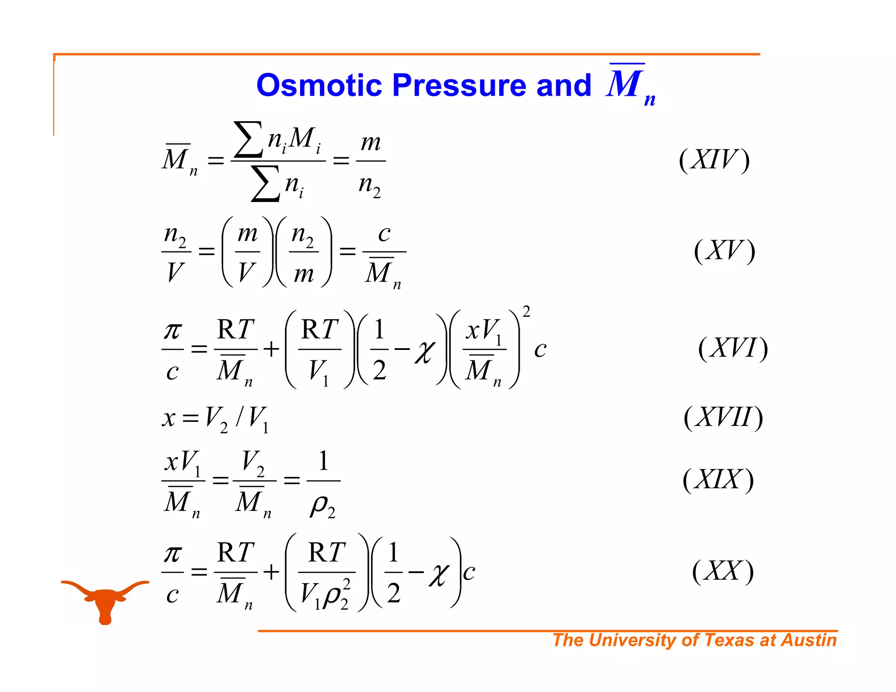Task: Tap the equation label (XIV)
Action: (714, 160)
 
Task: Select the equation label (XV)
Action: (724, 251)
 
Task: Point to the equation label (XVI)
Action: (733, 349)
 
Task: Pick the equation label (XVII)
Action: (723, 417)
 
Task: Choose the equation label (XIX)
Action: (718, 480)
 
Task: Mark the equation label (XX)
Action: (723, 571)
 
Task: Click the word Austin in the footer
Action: (809, 640)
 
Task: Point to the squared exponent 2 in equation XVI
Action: (526, 312)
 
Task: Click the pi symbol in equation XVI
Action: (173, 331)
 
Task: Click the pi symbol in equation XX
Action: (173, 554)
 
